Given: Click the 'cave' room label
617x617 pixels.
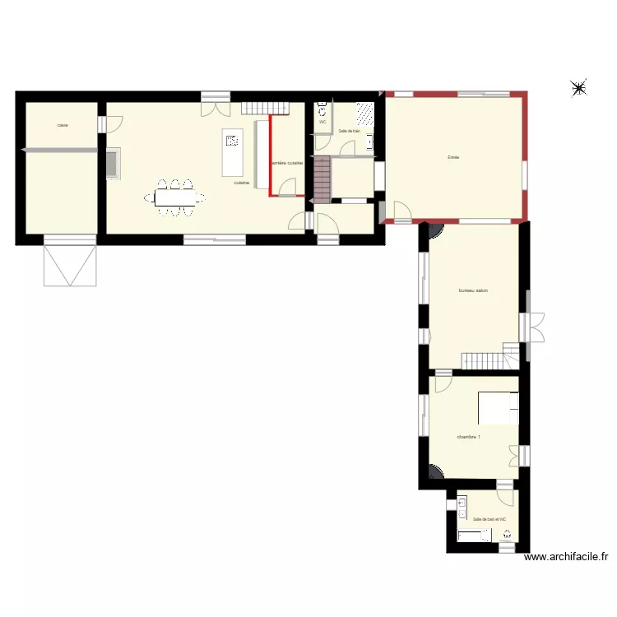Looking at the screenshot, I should tap(63, 126).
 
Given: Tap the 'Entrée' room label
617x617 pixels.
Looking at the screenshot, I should tap(452, 157).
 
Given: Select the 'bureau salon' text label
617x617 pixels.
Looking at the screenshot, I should tap(473, 290).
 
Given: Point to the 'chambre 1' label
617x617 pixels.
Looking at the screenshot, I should tap(469, 436).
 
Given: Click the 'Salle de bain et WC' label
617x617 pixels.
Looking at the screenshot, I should tap(489, 519).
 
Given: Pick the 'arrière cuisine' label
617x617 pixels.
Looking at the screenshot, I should tap(288, 164).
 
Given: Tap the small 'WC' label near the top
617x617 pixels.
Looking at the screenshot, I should tap(322, 122).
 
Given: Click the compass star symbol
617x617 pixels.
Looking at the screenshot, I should tap(579, 88).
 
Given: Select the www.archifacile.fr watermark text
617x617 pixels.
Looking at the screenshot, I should tap(566, 557).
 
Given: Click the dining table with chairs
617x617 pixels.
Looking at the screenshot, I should tap(175, 197).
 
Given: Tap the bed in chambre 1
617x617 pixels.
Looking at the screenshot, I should tap(499, 408).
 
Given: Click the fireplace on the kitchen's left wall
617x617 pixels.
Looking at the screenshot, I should tap(113, 163).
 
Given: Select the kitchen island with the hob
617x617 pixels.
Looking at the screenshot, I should tap(230, 153).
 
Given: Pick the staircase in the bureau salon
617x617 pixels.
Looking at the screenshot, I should tap(485, 360).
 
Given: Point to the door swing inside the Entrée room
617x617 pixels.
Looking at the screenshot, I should tap(403, 211).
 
